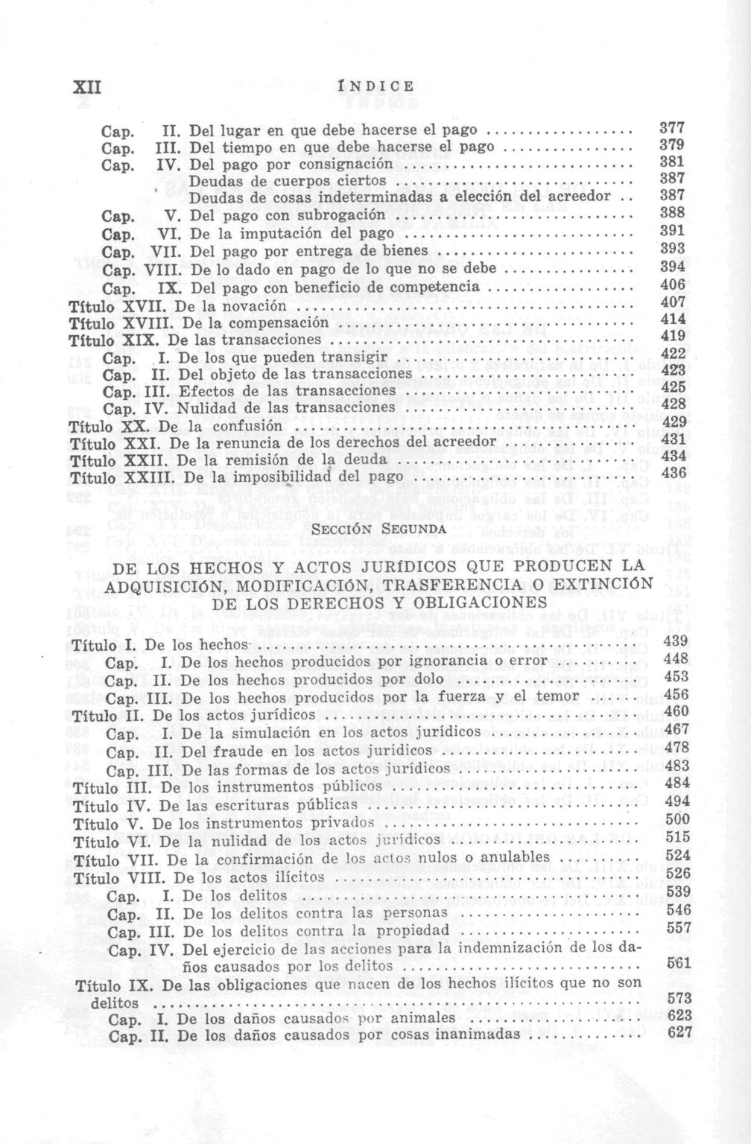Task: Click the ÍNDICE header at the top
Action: pyautogui.click(x=375, y=86)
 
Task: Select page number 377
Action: pyautogui.click(x=673, y=127)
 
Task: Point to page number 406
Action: pyautogui.click(x=673, y=285)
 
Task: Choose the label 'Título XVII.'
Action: pyautogui.click(x=111, y=306)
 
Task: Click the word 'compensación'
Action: pyautogui.click(x=279, y=323)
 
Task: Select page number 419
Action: pyautogui.click(x=673, y=335)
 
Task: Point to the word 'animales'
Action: pyautogui.click(x=427, y=1017)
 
